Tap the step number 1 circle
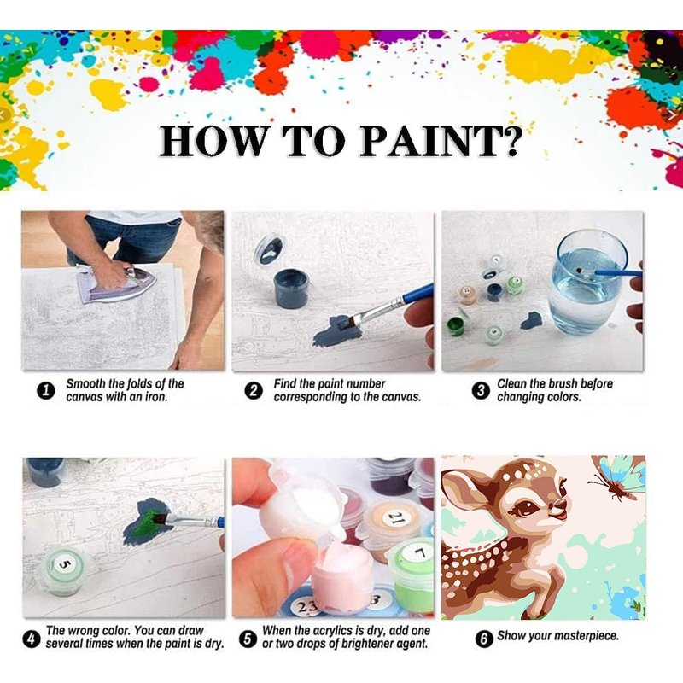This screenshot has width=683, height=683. click(x=45, y=391)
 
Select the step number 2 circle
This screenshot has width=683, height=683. click(x=254, y=391)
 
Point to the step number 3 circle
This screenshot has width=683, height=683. click(x=480, y=391)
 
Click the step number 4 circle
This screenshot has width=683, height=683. click(x=31, y=639)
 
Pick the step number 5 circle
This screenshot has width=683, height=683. click(x=248, y=639)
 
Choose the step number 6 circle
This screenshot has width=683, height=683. click(x=483, y=639)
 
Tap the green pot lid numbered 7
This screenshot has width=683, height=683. click(x=418, y=555)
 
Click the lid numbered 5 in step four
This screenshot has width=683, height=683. click(x=63, y=565)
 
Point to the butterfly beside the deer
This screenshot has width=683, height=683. click(x=617, y=478)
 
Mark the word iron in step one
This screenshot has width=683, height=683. click(x=156, y=397)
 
